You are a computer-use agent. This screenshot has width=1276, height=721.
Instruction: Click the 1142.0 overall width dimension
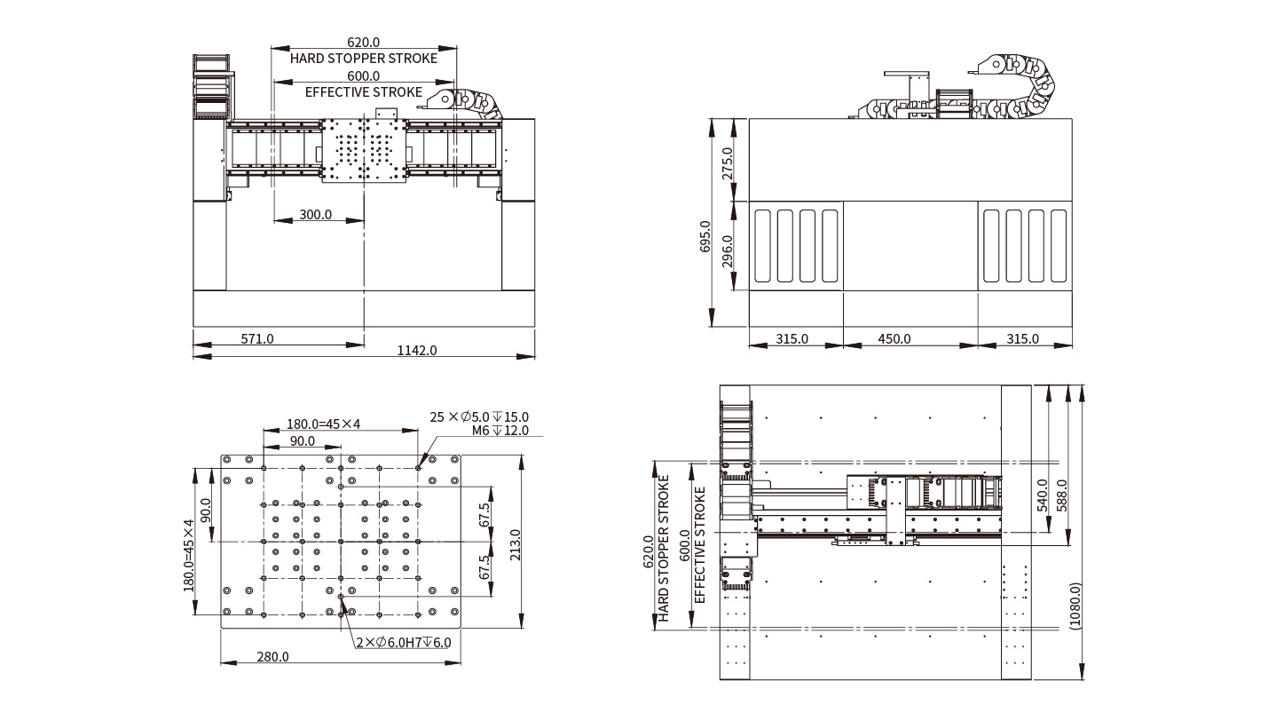click(x=417, y=350)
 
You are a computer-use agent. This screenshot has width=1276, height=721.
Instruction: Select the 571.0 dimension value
click(x=257, y=338)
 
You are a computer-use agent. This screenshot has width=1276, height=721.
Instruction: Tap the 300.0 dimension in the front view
click(x=316, y=214)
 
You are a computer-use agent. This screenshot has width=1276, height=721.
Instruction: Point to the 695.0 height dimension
click(x=705, y=236)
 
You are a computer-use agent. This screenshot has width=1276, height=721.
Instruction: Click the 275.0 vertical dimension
click(x=728, y=163)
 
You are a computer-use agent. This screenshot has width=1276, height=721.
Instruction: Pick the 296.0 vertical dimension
click(x=728, y=251)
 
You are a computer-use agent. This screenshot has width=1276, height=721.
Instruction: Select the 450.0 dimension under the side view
click(x=894, y=338)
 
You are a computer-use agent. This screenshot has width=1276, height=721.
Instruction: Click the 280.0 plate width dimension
click(x=273, y=656)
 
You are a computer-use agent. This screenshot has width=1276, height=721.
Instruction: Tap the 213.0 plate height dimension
click(x=515, y=545)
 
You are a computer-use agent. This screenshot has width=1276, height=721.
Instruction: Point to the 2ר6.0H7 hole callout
click(x=404, y=642)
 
